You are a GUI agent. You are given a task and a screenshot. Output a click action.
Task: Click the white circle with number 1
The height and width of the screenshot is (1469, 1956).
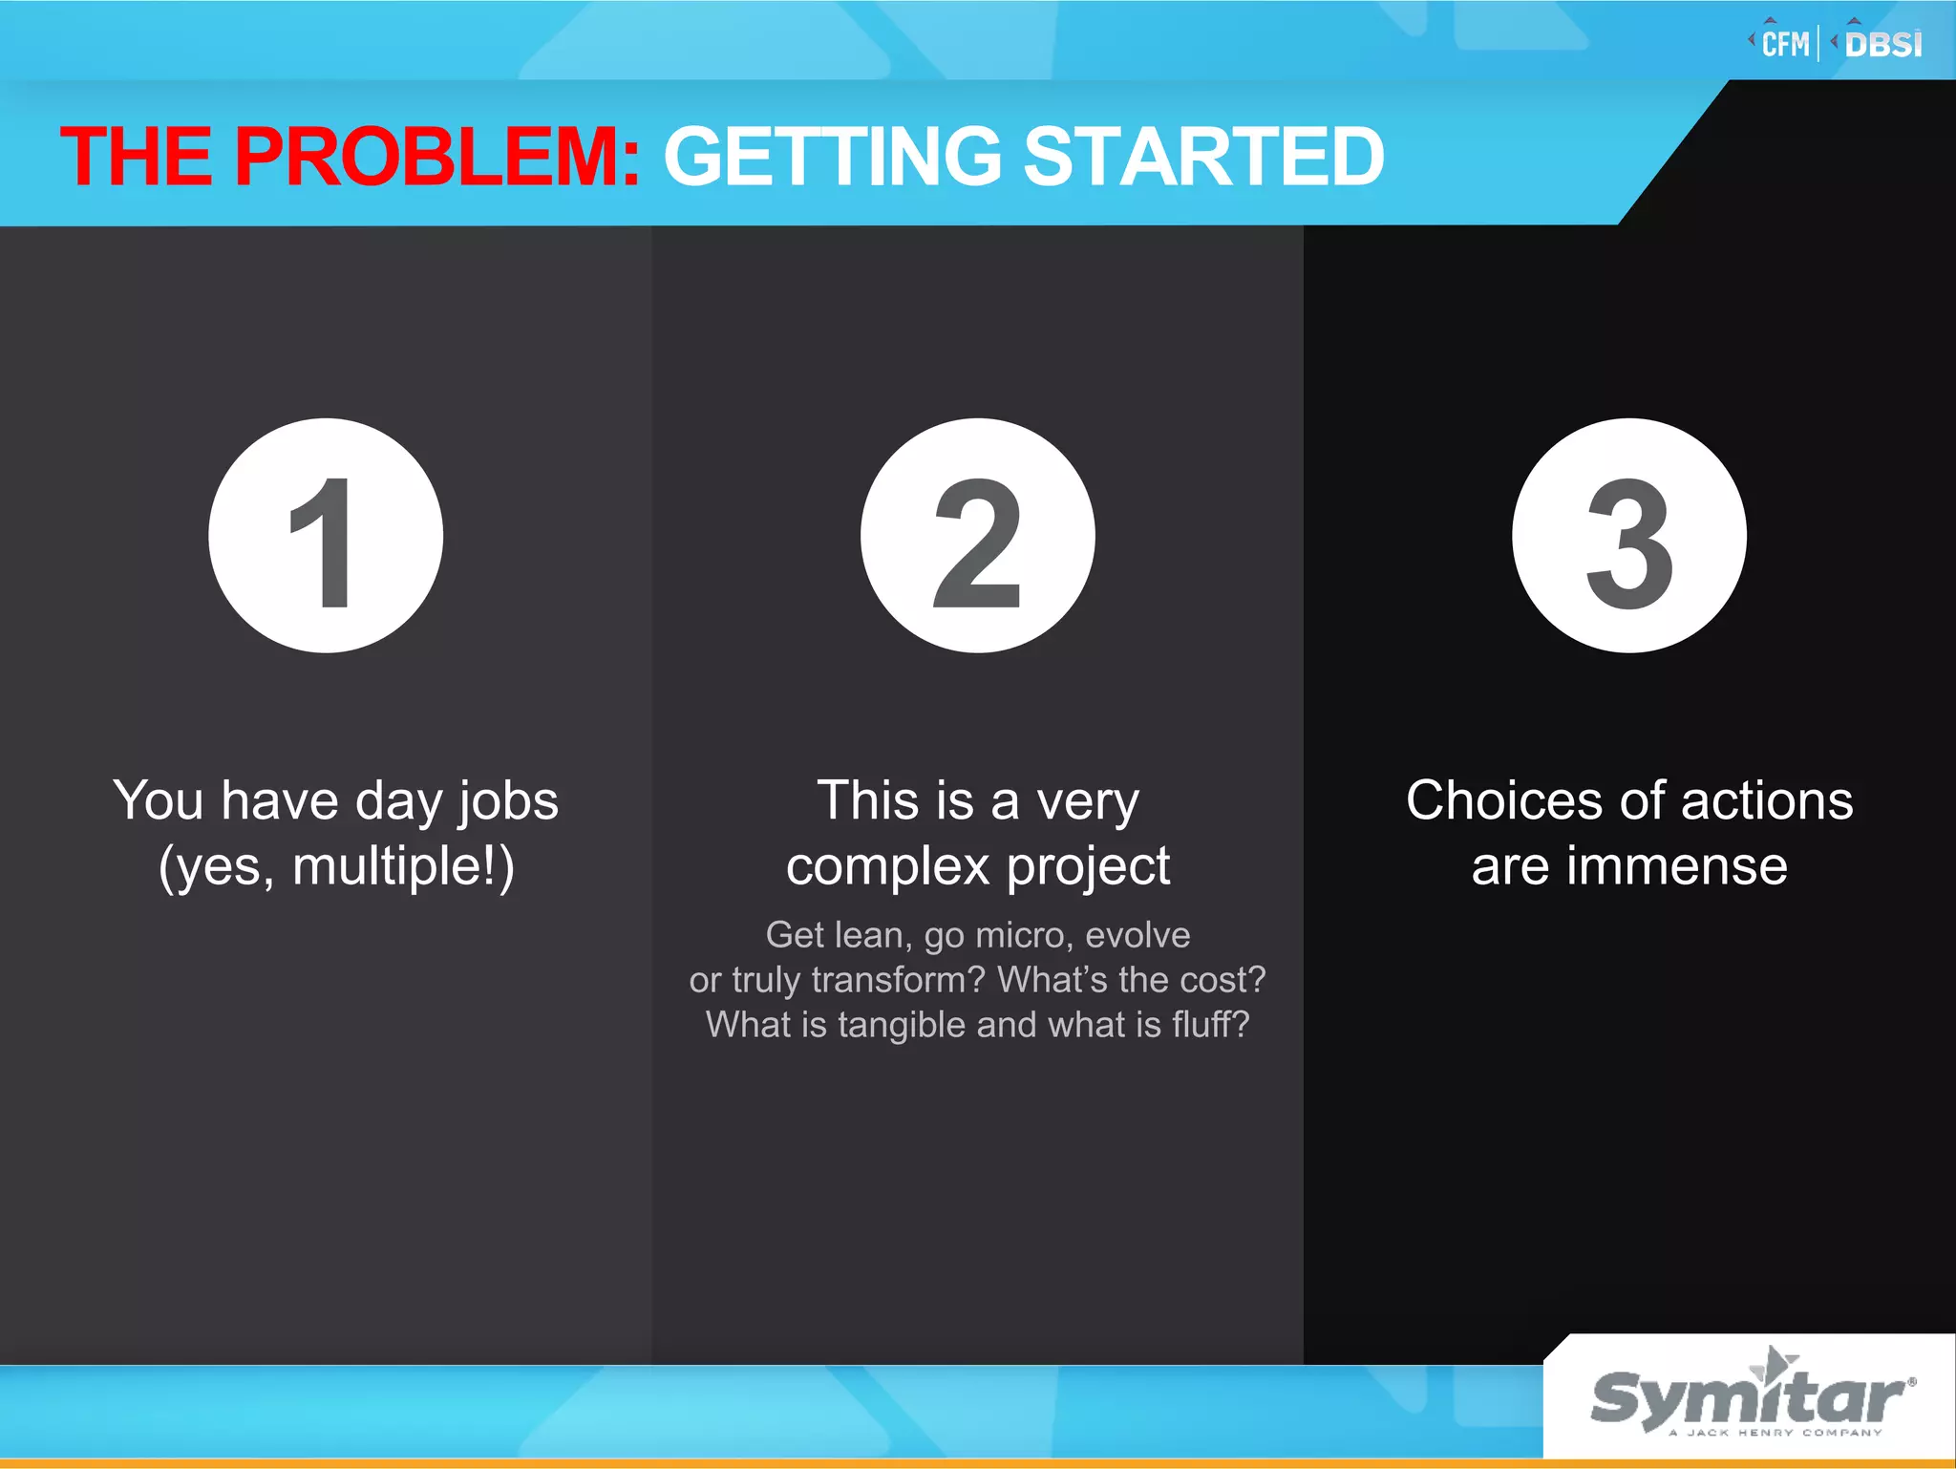coord(326,536)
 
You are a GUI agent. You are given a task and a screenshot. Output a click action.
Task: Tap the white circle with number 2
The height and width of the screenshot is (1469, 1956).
coord(977,536)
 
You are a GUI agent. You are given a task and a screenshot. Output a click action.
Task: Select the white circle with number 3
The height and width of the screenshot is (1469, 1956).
coord(1629,536)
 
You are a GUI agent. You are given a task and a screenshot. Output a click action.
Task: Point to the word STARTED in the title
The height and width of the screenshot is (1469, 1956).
coord(1203,157)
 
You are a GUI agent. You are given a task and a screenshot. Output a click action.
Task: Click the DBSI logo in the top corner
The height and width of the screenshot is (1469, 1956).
coord(1882,44)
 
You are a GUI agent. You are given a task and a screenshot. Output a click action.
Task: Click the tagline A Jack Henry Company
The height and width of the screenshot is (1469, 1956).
coord(1775,1433)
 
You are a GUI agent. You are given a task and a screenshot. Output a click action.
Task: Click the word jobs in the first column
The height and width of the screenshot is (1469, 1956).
coord(508,800)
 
